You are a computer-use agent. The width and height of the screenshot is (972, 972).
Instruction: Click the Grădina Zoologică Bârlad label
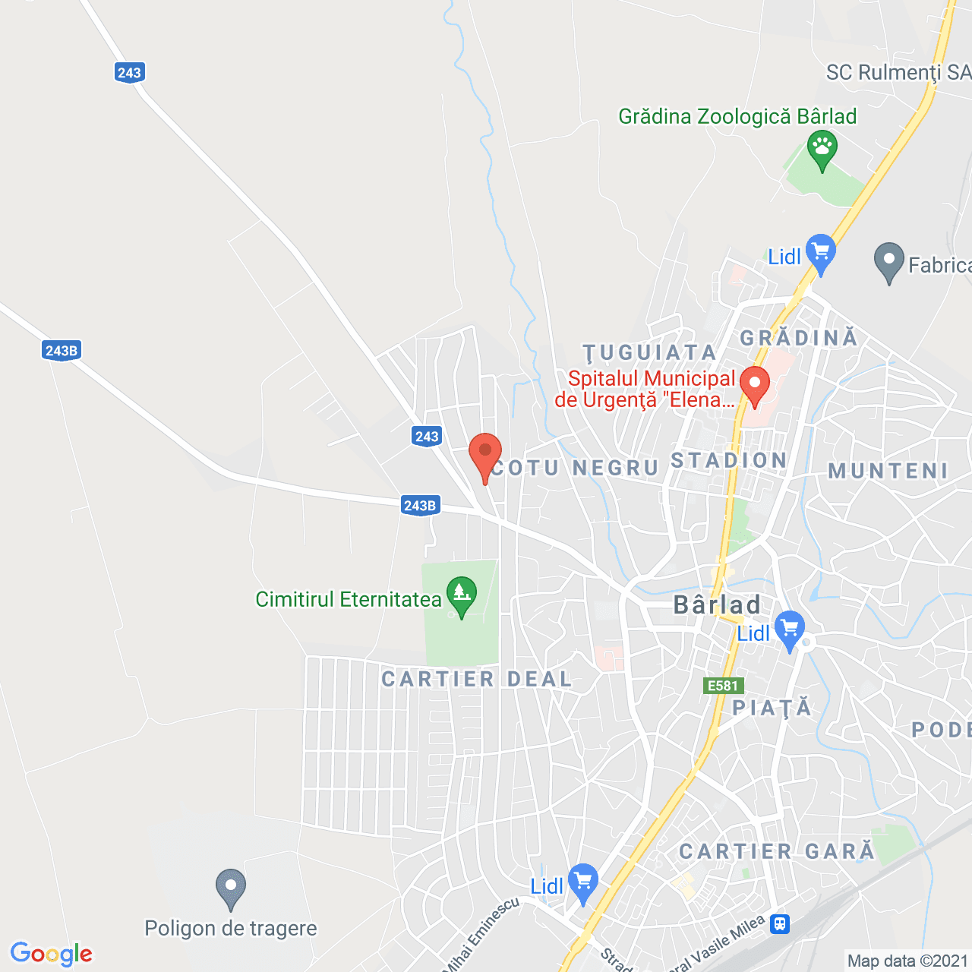[x=737, y=116]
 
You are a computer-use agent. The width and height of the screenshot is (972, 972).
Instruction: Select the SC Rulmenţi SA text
[x=898, y=73]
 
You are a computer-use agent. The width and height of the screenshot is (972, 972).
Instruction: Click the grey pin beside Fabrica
[x=888, y=261]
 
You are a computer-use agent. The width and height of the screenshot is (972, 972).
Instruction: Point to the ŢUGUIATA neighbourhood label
[x=649, y=353]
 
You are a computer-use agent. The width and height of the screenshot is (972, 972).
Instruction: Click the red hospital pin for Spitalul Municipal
[x=754, y=384]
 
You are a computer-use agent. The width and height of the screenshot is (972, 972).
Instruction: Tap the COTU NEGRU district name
[x=575, y=468]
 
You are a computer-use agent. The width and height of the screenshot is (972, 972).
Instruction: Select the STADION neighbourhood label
[x=728, y=461]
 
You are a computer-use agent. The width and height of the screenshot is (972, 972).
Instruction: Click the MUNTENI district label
[x=888, y=472]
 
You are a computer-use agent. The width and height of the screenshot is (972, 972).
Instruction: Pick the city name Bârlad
[x=717, y=605]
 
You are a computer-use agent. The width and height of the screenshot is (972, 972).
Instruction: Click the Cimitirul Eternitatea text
[x=348, y=600]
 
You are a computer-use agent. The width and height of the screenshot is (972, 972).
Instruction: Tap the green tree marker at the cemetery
[x=461, y=595]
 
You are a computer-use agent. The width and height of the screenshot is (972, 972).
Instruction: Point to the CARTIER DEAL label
[x=476, y=679]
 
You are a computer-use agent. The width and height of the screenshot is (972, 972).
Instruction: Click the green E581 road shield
[x=722, y=686]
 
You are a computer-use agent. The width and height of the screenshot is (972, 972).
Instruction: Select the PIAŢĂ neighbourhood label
[x=772, y=708]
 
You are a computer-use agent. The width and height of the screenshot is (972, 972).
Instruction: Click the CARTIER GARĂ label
[x=776, y=852]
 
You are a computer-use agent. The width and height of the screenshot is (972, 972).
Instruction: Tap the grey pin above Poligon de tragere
[x=231, y=887]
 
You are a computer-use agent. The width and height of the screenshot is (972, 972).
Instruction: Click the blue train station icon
[x=780, y=924]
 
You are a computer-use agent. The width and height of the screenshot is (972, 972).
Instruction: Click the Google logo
[x=51, y=954]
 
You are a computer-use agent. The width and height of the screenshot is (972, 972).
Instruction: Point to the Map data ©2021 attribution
[x=907, y=961]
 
